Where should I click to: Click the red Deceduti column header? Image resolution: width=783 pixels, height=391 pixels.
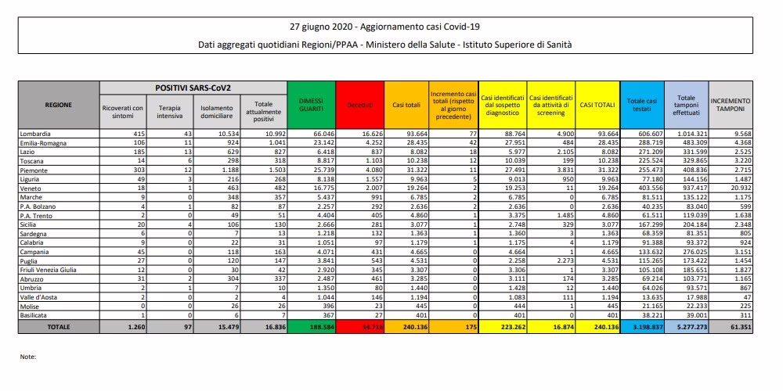pyautogui.click(x=359, y=103)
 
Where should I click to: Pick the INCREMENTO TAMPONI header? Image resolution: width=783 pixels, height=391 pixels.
pyautogui.click(x=731, y=103)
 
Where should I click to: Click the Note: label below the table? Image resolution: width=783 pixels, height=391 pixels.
pyautogui.click(x=27, y=356)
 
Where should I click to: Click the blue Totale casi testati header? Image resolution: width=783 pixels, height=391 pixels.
pyautogui.click(x=642, y=103)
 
